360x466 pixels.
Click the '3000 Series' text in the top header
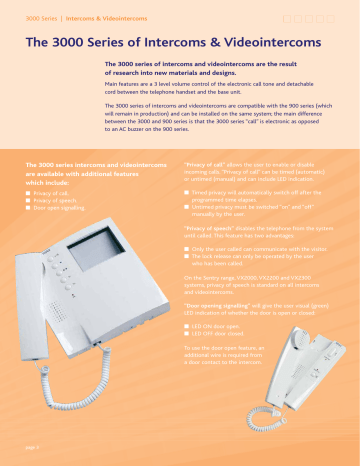[35, 19]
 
